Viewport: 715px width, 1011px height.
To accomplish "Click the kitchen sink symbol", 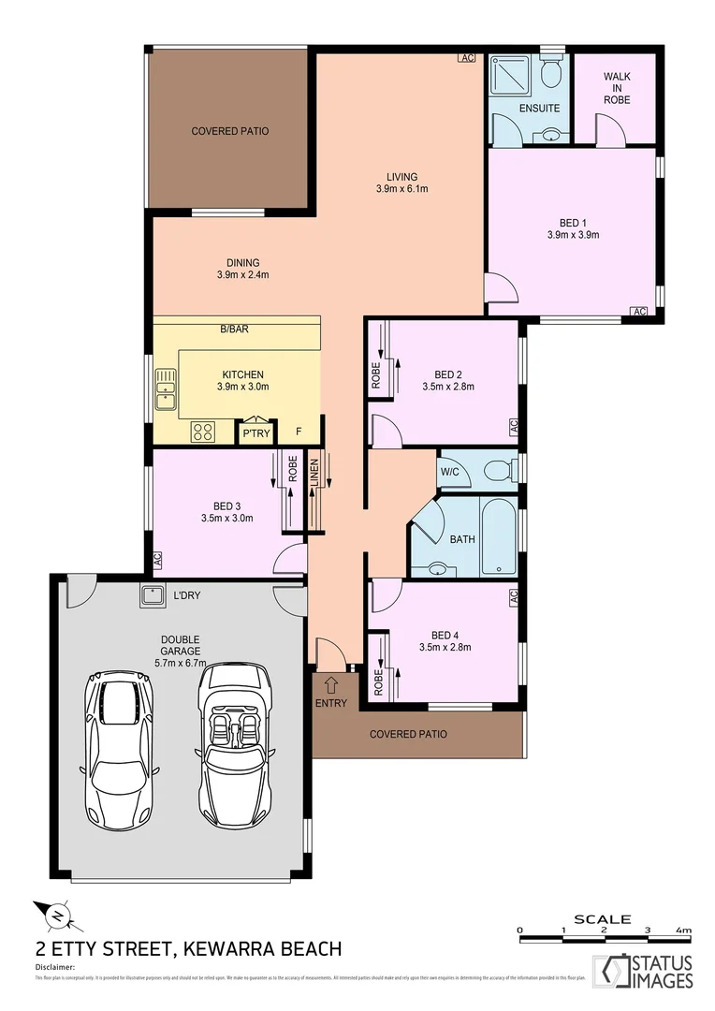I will [x=167, y=389].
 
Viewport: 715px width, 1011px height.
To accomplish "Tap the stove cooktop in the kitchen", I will [x=203, y=432].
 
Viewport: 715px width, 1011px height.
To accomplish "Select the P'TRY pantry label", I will [x=255, y=433].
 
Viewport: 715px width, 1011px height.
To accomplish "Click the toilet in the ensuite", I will [x=550, y=71].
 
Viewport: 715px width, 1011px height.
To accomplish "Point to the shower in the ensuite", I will [x=511, y=74].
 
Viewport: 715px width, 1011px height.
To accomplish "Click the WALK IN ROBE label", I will [x=616, y=87].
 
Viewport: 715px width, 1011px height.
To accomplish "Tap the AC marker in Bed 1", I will [x=639, y=312].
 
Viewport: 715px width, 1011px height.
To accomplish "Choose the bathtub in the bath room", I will [x=496, y=536].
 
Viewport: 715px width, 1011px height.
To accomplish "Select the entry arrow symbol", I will [x=330, y=688].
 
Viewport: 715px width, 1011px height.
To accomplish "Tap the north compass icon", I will [x=55, y=914].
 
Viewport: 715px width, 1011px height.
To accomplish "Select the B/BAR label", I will [x=234, y=330].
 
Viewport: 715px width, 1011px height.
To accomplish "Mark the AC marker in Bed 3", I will [x=158, y=560].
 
